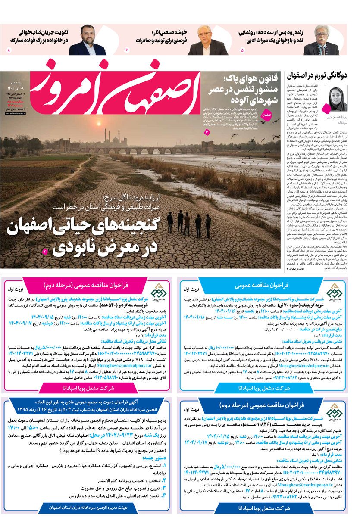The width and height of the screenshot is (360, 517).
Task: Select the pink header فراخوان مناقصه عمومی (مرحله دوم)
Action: click(x=89, y=285)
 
